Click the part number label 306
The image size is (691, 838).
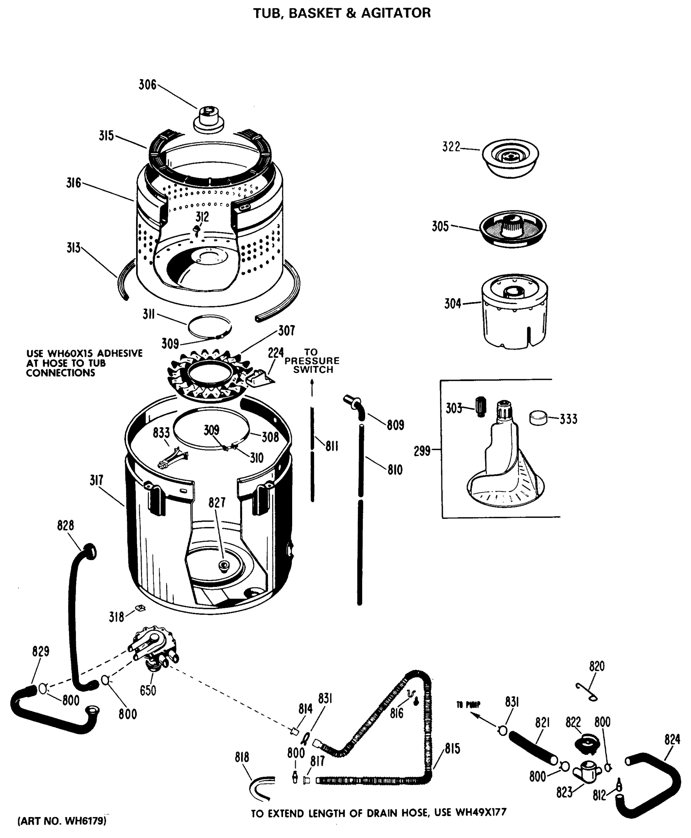click(147, 85)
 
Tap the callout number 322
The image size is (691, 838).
click(451, 147)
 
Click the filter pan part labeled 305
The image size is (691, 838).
click(513, 228)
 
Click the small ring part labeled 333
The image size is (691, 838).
click(538, 418)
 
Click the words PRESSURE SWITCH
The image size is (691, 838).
click(312, 365)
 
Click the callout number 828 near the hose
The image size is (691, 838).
click(65, 526)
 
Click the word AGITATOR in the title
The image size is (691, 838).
click(396, 13)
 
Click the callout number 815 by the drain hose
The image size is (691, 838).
click(453, 749)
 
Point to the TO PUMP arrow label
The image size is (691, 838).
click(468, 705)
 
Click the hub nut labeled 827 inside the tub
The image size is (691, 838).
click(224, 565)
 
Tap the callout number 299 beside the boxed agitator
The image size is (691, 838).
click(422, 451)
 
